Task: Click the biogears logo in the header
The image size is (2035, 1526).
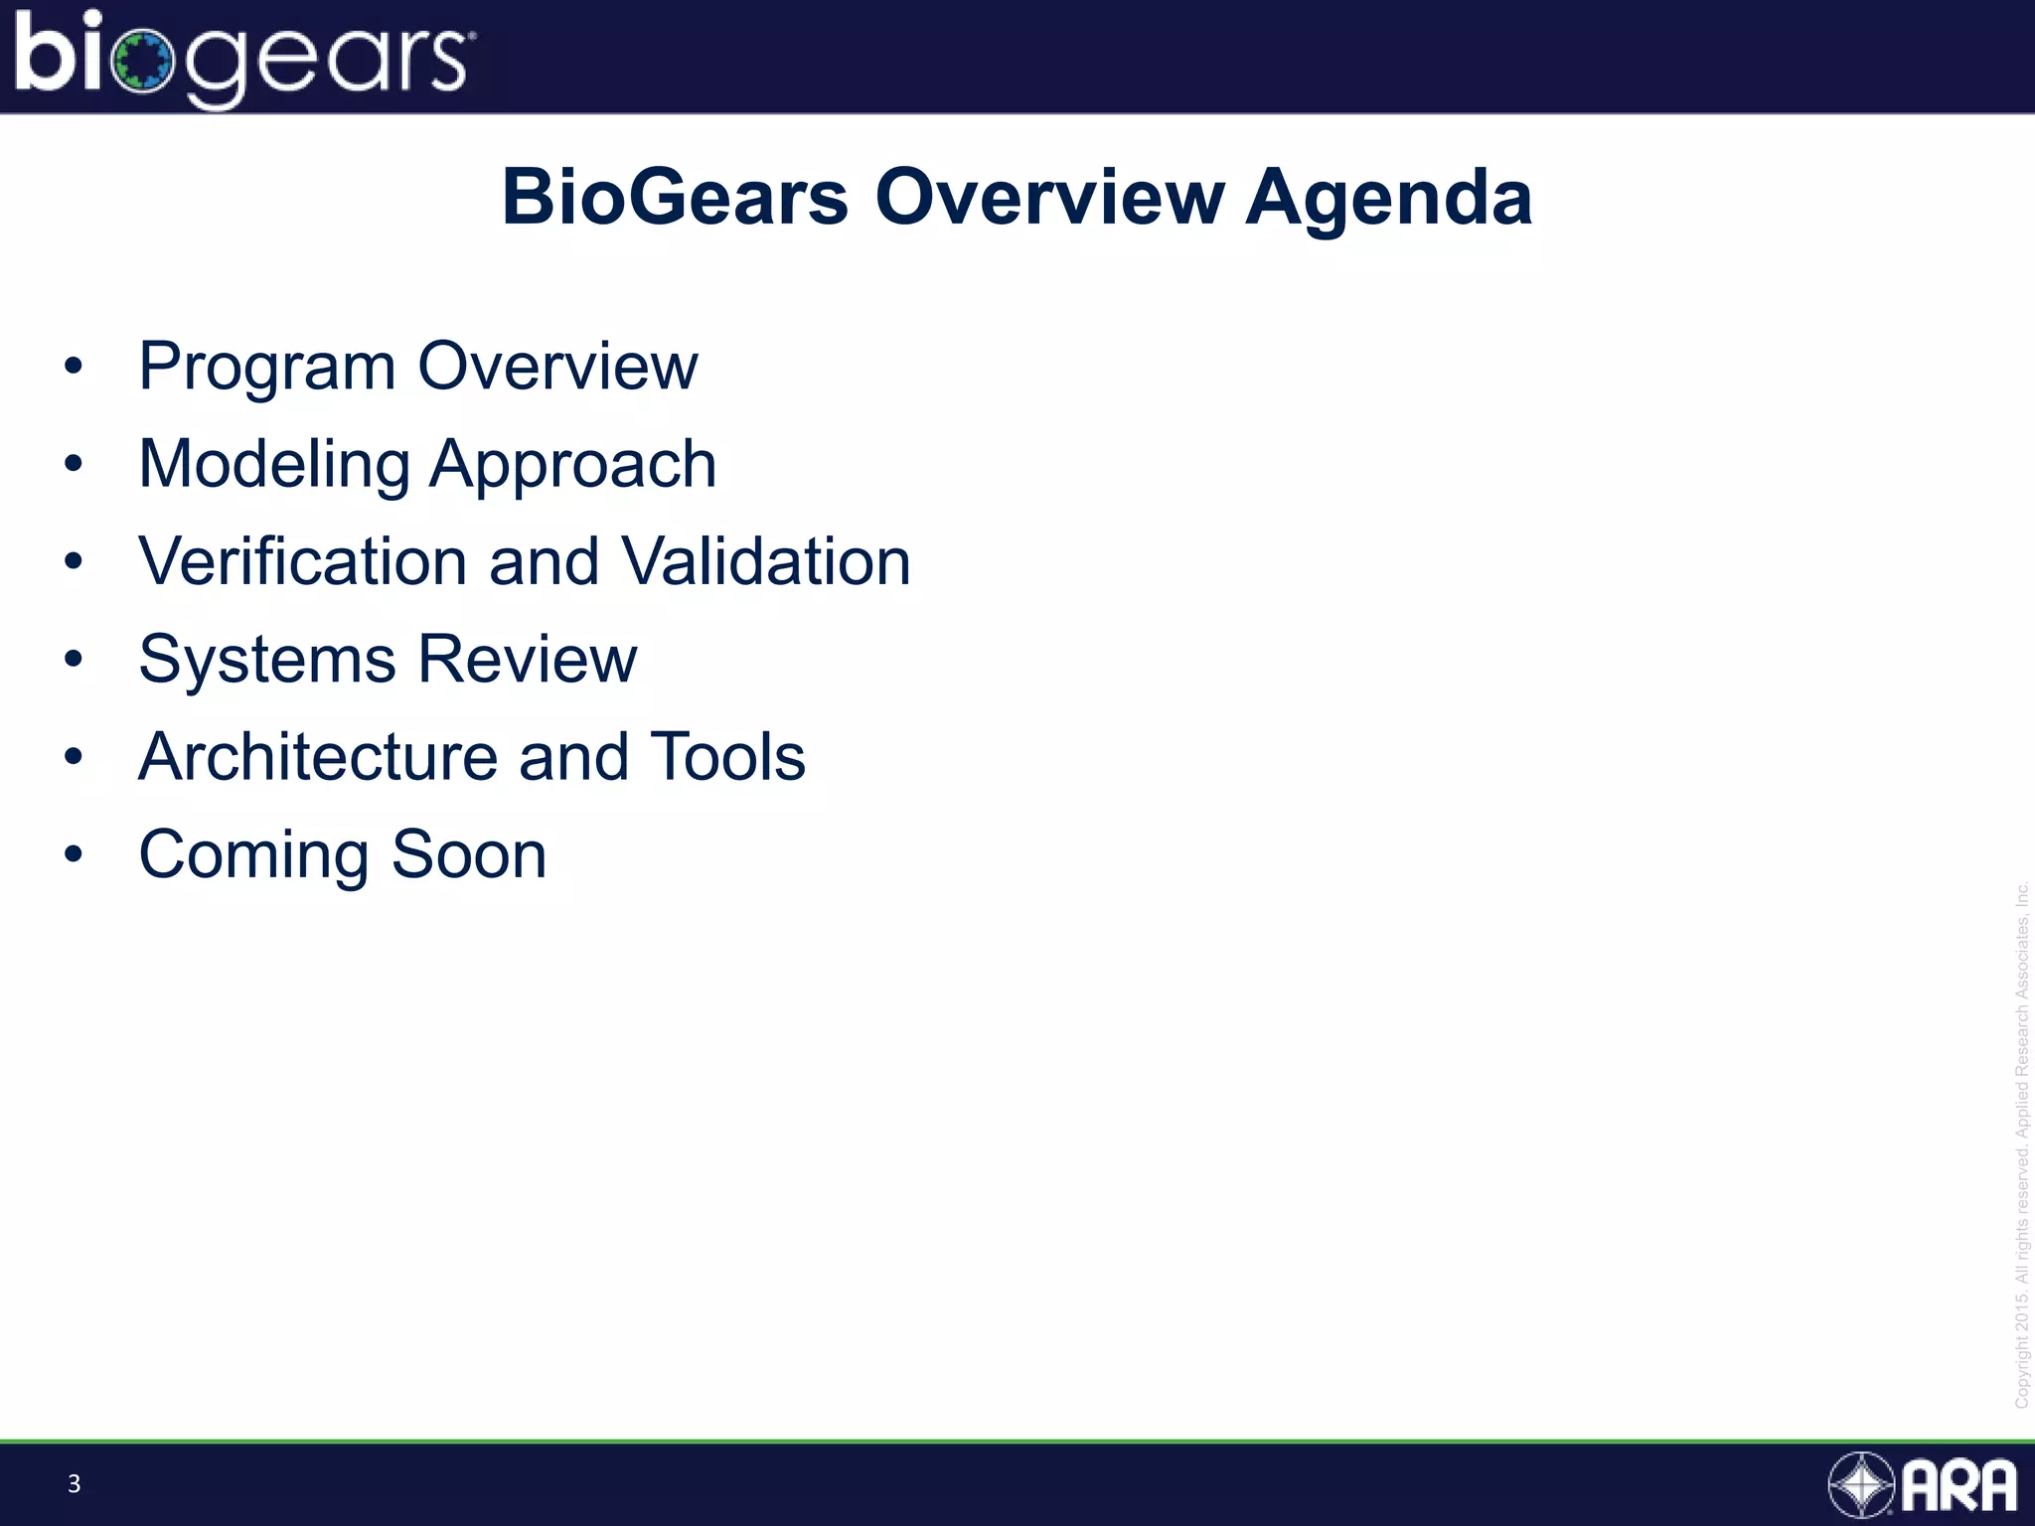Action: [x=243, y=58]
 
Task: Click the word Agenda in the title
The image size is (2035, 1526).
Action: [x=1388, y=198]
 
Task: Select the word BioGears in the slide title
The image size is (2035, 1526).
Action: [x=675, y=198]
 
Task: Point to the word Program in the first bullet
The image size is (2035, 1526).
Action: [x=266, y=368]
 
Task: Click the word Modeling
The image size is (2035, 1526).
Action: [x=273, y=465]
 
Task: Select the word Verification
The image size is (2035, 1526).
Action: [x=302, y=561]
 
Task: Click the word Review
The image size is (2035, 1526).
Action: [x=527, y=659]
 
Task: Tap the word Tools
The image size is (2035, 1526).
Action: [x=726, y=757]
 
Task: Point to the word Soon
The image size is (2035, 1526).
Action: [x=468, y=854]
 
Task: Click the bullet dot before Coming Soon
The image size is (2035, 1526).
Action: [x=73, y=853]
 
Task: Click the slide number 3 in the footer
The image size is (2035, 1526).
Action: [x=74, y=1484]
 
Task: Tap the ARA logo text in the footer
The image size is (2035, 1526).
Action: [x=1958, y=1486]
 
